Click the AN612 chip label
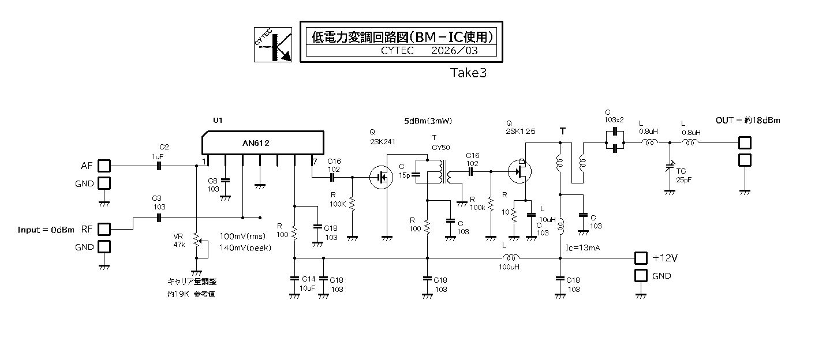(x=256, y=143)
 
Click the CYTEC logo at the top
(x=273, y=44)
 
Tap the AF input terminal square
(x=104, y=166)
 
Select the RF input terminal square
(x=104, y=229)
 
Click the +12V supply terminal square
(x=641, y=258)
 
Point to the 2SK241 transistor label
(x=382, y=142)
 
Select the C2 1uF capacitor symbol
(x=160, y=166)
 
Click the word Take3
(x=469, y=73)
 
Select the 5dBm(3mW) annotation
(x=428, y=121)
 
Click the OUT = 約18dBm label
(x=748, y=120)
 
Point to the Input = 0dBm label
(x=46, y=230)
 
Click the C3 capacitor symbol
(x=160, y=217)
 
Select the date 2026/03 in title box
(x=455, y=50)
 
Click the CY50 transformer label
(x=442, y=147)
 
